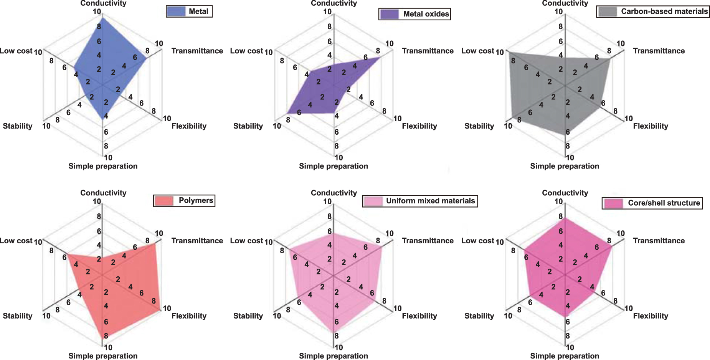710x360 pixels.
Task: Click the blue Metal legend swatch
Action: tap(176, 12)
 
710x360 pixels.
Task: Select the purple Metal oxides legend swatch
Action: tap(389, 14)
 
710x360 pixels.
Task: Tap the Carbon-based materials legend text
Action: tap(664, 12)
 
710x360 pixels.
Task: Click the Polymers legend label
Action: tap(196, 200)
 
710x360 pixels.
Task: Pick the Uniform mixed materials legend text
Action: tap(430, 201)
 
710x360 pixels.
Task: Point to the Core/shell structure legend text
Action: tap(664, 203)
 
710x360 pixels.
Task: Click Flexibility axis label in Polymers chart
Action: tap(189, 316)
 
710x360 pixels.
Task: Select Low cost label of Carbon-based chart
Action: tap(477, 51)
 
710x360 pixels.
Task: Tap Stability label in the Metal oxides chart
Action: tap(248, 126)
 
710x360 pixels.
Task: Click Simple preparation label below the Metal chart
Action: tap(103, 166)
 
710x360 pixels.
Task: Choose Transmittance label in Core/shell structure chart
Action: tap(659, 241)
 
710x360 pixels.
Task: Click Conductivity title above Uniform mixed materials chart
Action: tap(334, 193)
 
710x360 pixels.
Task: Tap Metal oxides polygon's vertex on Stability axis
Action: tap(287, 113)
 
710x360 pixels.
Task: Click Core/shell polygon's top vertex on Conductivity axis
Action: tap(565, 218)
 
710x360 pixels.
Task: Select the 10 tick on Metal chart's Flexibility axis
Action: tap(167, 119)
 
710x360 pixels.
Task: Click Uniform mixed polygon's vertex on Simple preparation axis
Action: tap(333, 332)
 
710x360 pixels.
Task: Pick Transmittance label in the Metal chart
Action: tap(197, 51)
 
